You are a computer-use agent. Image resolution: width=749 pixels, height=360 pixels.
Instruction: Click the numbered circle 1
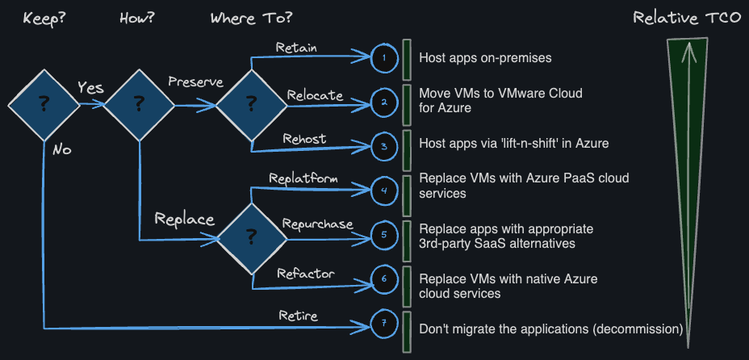[384, 57]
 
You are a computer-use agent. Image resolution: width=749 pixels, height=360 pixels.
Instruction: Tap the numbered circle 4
[384, 191]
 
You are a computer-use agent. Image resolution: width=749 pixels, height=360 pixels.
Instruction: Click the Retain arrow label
[296, 48]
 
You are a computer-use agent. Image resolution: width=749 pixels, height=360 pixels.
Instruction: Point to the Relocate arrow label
[315, 95]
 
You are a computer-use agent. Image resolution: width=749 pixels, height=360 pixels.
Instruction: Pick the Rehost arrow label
[304, 139]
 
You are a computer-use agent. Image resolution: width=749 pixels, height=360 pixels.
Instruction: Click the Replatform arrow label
[303, 178]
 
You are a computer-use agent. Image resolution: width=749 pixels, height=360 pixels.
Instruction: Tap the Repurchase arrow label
[317, 224]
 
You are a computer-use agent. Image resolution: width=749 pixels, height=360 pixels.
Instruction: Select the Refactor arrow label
[306, 274]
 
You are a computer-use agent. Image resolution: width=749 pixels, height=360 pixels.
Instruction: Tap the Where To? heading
[251, 17]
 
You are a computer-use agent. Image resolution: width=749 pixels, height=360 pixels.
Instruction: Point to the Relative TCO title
[686, 18]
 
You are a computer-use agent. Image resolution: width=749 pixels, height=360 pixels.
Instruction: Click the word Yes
[90, 87]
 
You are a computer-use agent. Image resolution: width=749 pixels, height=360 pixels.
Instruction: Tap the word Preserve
[195, 82]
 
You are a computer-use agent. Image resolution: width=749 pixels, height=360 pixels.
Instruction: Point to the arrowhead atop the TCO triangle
[688, 52]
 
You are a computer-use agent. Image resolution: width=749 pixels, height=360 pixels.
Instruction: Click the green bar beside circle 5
[407, 235]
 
